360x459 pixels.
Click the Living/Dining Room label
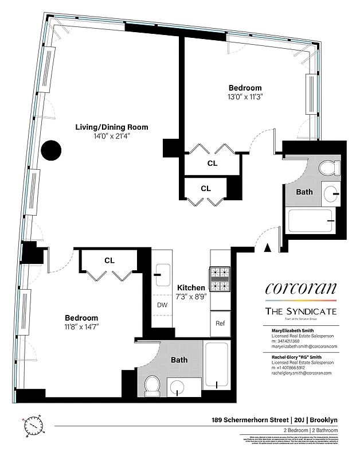[x=112, y=127]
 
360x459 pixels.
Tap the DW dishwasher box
[x=162, y=305]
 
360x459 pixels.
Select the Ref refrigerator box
[x=220, y=322]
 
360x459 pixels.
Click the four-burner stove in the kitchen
[x=220, y=279]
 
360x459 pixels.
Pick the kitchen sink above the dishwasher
[x=162, y=275]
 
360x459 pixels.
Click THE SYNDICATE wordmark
[x=300, y=311]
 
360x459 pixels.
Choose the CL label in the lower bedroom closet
[x=109, y=260]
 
